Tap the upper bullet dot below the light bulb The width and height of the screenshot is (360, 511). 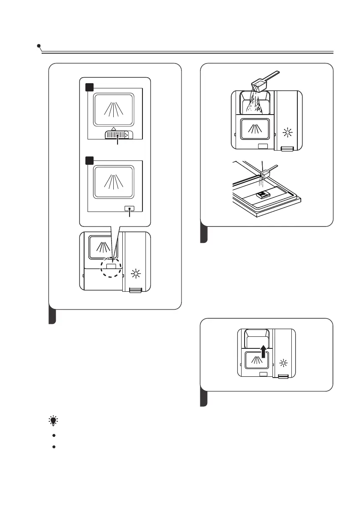[x=54, y=435]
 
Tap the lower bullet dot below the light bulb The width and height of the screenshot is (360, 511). [x=54, y=447]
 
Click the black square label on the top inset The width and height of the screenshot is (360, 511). [x=88, y=87]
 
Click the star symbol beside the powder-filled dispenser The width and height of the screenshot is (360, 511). [x=288, y=132]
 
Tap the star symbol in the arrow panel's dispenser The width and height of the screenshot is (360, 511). [x=283, y=363]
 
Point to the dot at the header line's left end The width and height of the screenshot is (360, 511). [x=39, y=45]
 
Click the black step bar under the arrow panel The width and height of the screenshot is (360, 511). [x=204, y=399]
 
